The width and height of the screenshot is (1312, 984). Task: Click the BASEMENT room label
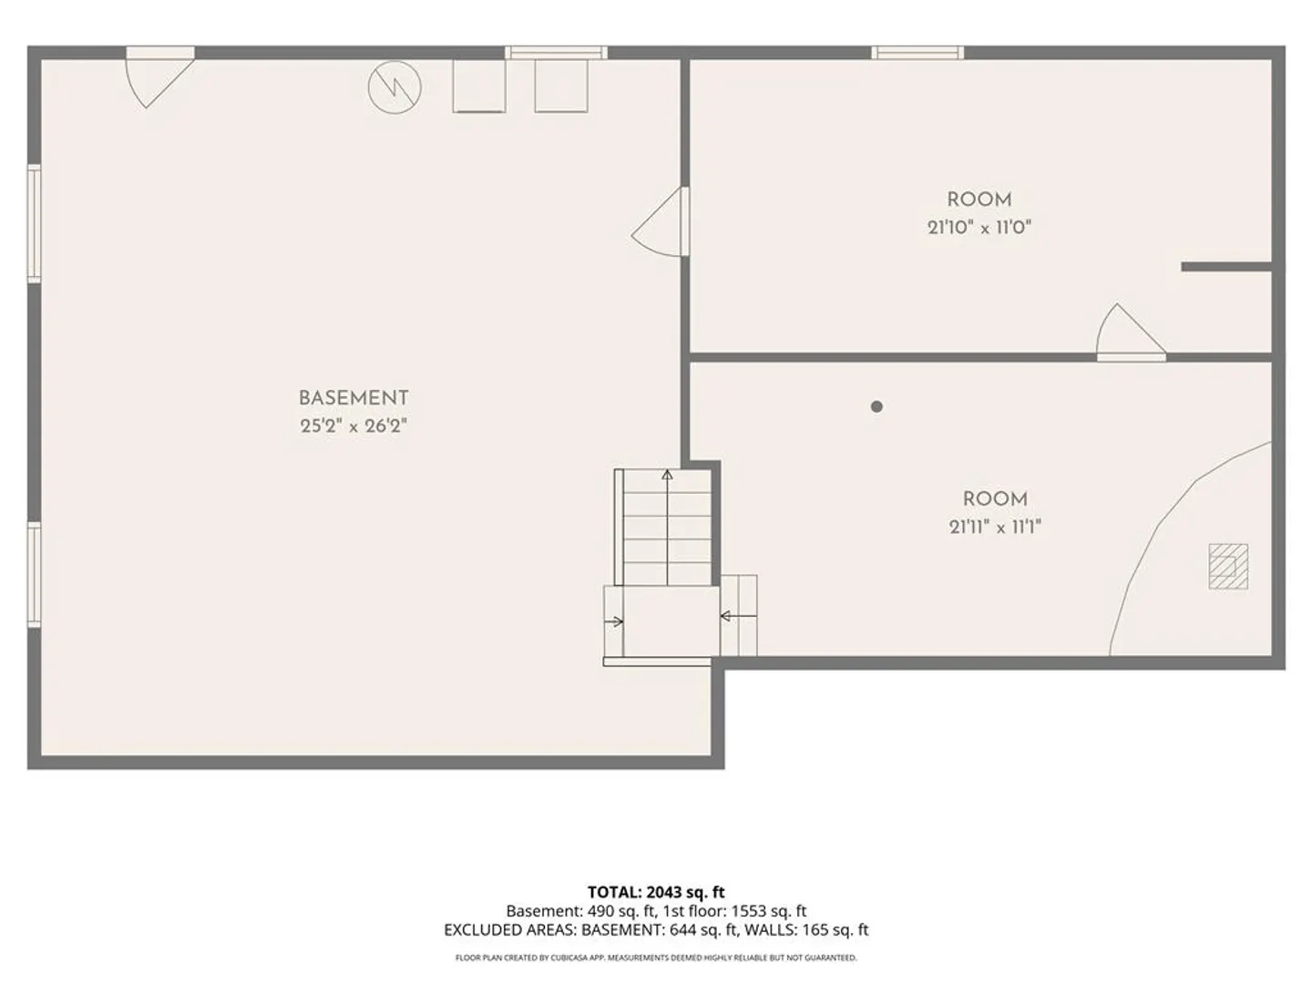click(354, 398)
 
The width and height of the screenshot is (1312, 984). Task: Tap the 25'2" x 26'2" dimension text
click(354, 426)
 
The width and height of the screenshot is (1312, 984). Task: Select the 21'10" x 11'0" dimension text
click(979, 228)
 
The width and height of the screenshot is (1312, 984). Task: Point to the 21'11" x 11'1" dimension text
click(995, 527)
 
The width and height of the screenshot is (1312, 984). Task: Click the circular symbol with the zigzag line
click(395, 87)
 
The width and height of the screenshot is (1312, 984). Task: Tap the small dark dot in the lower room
click(876, 407)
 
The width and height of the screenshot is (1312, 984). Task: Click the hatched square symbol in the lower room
click(1228, 567)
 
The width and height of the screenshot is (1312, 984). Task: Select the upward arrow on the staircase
click(667, 527)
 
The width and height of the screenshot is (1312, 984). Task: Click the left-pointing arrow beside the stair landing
click(739, 615)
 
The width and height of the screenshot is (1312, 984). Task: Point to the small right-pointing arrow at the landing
click(614, 622)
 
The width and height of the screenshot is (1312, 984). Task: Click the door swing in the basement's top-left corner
click(159, 77)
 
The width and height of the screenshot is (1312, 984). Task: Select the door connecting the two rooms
click(1131, 333)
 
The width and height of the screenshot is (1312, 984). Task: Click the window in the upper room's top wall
click(917, 53)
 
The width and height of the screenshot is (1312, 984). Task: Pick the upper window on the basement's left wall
click(34, 223)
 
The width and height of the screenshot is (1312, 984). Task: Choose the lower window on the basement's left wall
click(34, 575)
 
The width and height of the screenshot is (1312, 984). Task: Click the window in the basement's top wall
click(556, 53)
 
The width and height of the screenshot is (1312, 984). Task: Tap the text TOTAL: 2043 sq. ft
click(656, 892)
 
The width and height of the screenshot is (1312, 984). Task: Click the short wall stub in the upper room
click(1226, 266)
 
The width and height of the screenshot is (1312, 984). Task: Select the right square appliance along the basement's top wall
click(561, 86)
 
